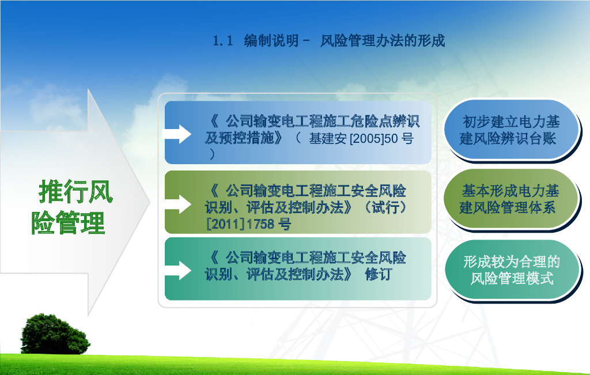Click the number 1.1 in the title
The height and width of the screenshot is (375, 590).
coord(223,41)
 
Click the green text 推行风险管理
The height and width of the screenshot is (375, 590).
coord(72,207)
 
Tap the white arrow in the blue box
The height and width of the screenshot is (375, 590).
coord(176,134)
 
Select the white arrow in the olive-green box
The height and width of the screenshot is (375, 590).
coord(176,204)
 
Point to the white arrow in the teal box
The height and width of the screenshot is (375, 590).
coord(176,270)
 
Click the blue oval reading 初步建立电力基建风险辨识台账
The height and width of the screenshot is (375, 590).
coord(510,130)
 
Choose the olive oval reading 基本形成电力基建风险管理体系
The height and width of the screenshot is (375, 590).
coord(510,199)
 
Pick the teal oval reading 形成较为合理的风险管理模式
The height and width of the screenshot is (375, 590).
coord(512,270)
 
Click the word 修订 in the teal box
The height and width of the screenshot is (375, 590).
coord(378,274)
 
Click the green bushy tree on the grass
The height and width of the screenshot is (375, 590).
coord(55,335)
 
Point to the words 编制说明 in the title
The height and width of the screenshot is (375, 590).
coord(271,41)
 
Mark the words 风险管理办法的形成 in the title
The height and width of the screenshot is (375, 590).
coord(383,41)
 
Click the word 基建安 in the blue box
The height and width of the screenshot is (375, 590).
coord(328,139)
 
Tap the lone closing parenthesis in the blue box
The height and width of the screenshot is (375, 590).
coord(213,154)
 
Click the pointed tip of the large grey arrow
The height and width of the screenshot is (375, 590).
coord(150,202)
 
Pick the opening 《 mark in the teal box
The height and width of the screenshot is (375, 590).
coord(214,257)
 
